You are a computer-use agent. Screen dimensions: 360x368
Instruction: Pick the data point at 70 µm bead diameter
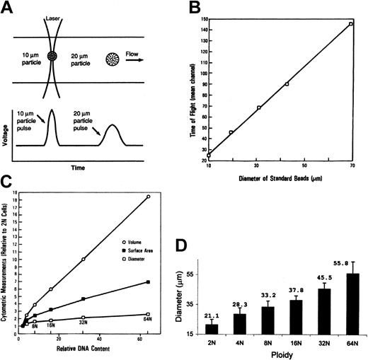(x=350, y=23)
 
